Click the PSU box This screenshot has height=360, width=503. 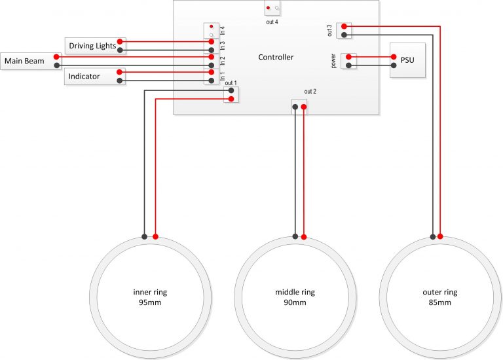[x=407, y=61]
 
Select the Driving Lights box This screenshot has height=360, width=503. [x=92, y=46]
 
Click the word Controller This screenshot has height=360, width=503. [x=276, y=58]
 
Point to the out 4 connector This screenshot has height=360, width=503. [x=273, y=9]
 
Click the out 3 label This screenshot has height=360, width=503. [x=329, y=30]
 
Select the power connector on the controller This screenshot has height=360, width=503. [x=349, y=61]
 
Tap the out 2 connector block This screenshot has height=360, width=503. [x=299, y=105]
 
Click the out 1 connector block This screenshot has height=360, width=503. [x=231, y=95]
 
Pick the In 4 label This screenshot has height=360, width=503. [x=223, y=29]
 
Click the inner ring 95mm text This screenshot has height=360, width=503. [x=150, y=297]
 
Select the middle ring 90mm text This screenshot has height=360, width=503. [x=295, y=297]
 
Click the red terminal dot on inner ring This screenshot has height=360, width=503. [x=156, y=236]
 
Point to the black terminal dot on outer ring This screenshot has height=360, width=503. [x=432, y=236]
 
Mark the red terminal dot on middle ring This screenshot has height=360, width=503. [x=305, y=236]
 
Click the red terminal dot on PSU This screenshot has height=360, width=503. [x=394, y=57]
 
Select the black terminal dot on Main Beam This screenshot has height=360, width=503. [x=58, y=65]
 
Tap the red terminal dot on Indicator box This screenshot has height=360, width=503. [x=120, y=72]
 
